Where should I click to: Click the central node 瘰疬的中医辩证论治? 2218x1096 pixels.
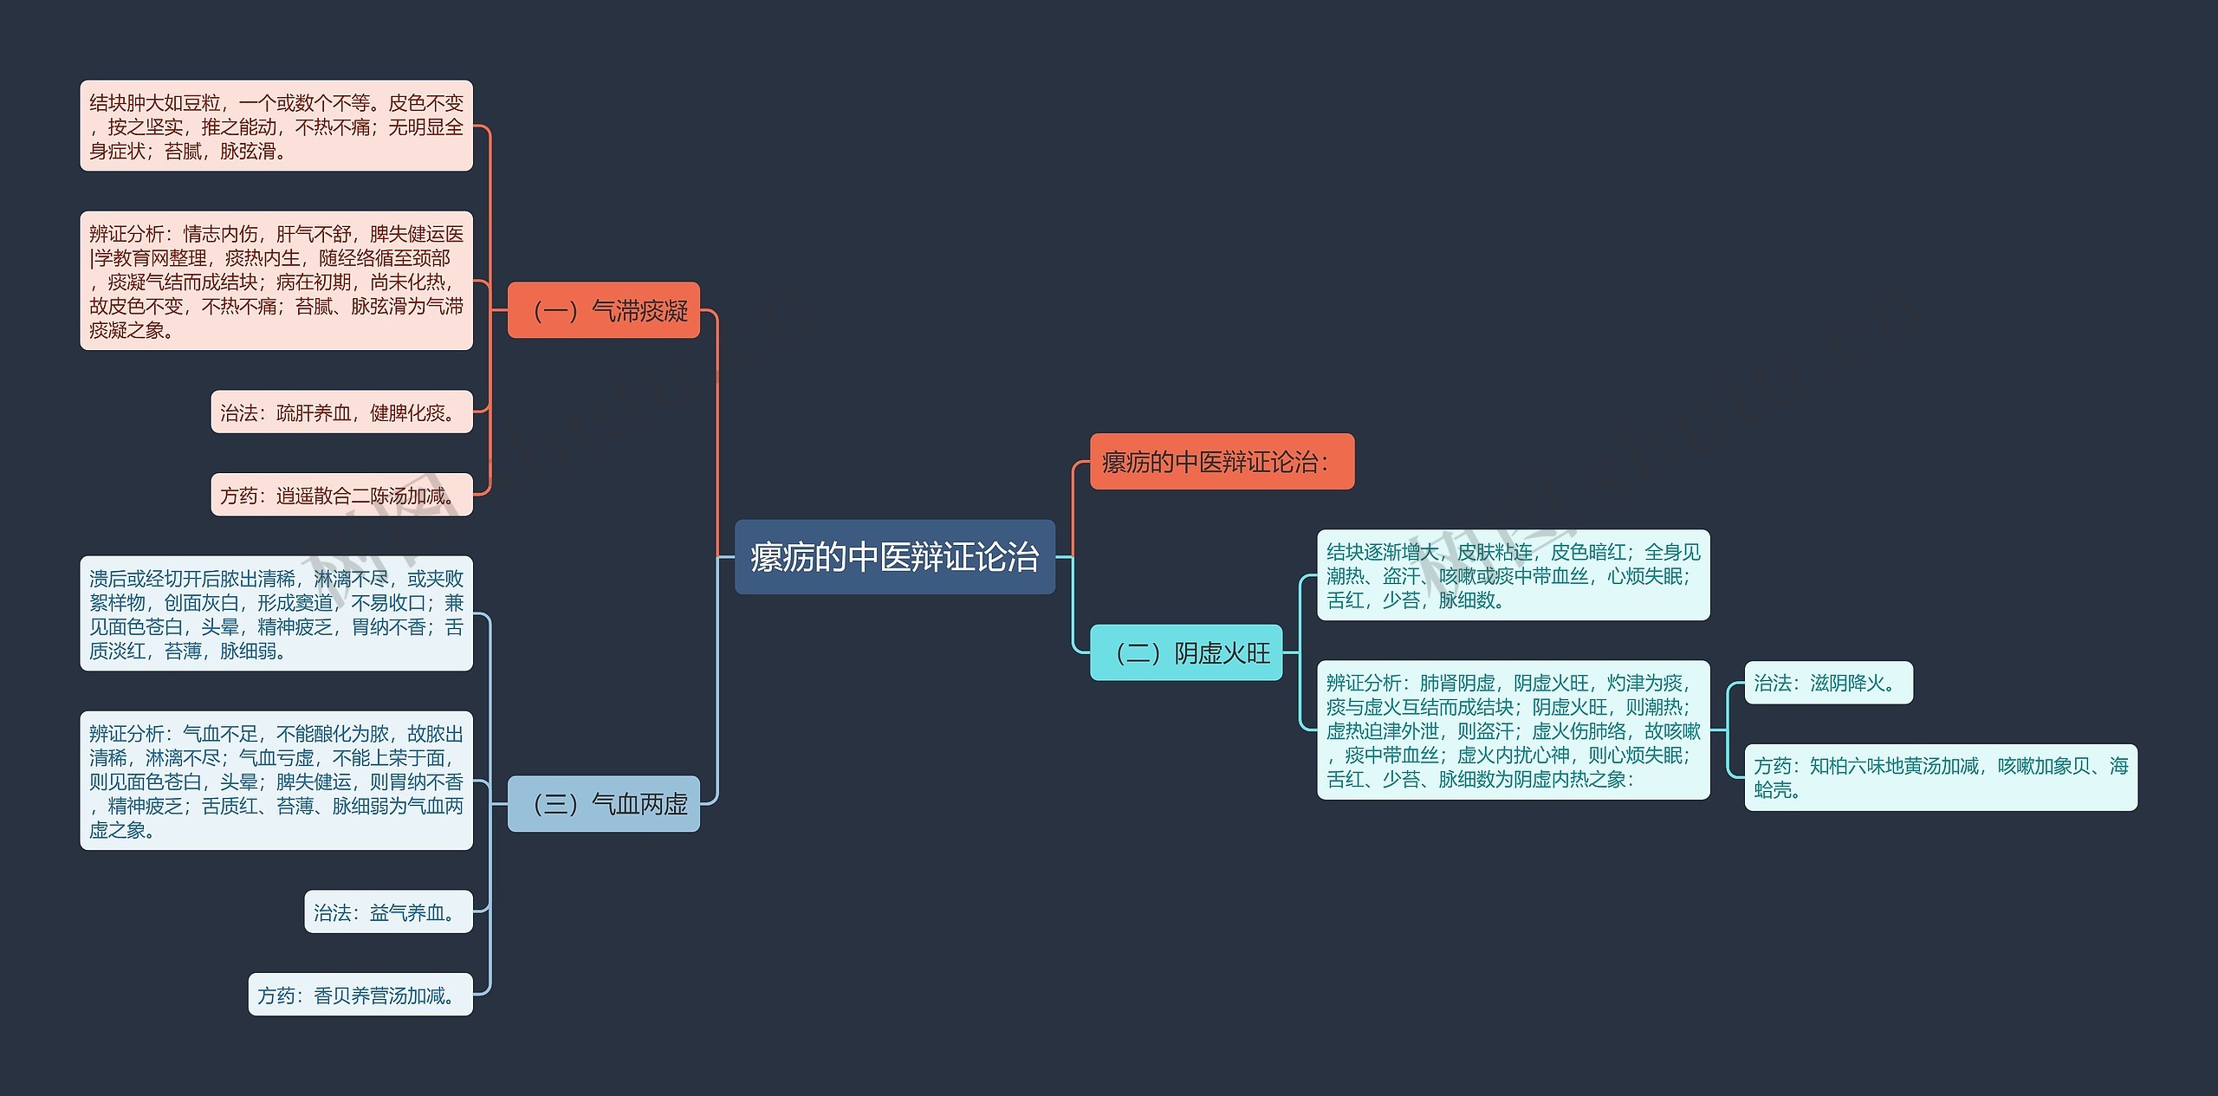[894, 557]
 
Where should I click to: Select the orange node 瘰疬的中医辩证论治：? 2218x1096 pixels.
[1221, 462]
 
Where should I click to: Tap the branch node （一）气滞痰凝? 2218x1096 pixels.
[603, 310]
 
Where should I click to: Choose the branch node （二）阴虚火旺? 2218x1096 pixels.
[1185, 652]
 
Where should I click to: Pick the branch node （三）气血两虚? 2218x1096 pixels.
[603, 804]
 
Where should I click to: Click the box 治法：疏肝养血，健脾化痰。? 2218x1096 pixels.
[341, 412]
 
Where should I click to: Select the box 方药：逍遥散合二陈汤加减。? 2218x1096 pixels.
[341, 495]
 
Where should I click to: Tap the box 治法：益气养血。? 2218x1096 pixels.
[388, 912]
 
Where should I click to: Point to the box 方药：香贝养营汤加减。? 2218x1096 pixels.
[360, 995]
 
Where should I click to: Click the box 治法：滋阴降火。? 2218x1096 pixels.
[1828, 683]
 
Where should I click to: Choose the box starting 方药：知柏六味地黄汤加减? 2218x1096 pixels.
[1940, 777]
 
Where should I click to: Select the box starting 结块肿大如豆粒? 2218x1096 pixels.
[276, 126]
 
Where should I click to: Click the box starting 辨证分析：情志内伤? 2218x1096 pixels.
[276, 281]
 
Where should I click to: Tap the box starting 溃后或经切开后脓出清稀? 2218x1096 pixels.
[276, 613]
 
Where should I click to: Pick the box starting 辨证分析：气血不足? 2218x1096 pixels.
[276, 781]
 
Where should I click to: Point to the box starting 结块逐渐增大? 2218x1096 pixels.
[1513, 575]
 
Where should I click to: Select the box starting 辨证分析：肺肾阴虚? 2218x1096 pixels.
[1513, 730]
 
